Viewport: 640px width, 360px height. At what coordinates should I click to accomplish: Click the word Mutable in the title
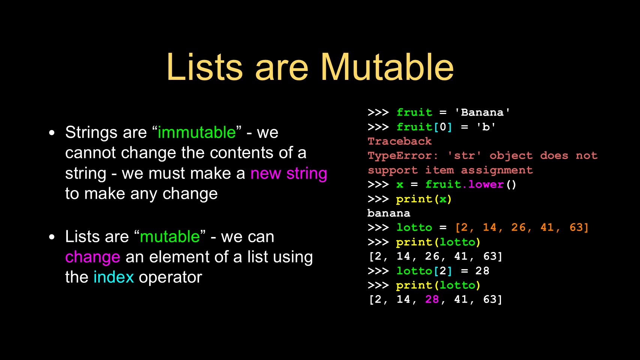tap(387, 67)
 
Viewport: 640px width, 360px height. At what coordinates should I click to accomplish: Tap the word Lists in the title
tap(205, 67)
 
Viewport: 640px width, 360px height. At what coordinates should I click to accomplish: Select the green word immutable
tap(196, 132)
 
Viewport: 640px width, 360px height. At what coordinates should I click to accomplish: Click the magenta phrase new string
tap(289, 173)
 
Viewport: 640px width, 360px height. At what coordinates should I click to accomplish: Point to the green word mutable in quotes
tap(170, 237)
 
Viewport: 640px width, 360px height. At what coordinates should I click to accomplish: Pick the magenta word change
tap(93, 257)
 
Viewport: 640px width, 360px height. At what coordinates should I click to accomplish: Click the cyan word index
tap(114, 277)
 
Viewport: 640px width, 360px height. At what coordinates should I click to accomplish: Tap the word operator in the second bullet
tap(170, 277)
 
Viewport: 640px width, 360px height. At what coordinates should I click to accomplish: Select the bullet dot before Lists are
tap(52, 237)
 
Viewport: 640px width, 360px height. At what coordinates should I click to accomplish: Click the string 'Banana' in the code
tap(482, 112)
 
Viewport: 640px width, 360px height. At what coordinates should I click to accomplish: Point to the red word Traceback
tap(399, 141)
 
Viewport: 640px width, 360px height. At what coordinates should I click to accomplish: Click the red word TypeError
tap(399, 155)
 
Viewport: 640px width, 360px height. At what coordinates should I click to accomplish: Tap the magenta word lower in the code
tap(486, 184)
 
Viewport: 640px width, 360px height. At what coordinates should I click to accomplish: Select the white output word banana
tap(389, 213)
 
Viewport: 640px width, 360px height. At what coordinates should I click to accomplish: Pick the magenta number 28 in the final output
tap(432, 299)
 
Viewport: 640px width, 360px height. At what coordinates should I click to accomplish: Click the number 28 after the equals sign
tap(483, 271)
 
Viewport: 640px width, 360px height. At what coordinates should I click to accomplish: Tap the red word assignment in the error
tap(497, 170)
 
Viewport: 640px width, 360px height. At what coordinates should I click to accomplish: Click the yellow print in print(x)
tap(414, 199)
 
